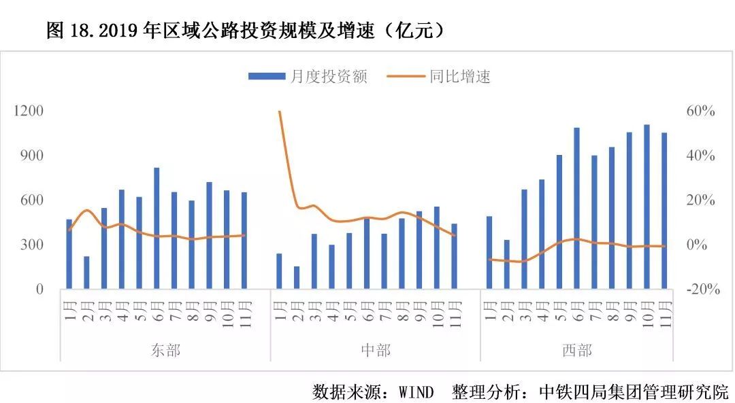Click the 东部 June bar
click(x=157, y=228)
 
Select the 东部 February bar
click(x=86, y=272)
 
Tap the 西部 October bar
click(x=647, y=207)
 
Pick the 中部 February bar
click(x=297, y=277)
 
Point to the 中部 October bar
click(x=437, y=247)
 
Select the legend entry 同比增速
click(x=439, y=77)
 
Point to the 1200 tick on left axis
click(x=29, y=111)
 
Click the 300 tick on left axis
click(x=33, y=245)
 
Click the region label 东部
click(x=165, y=351)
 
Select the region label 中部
click(x=375, y=351)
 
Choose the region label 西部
click(x=576, y=351)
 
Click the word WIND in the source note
click(x=416, y=391)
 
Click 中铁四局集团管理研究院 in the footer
click(x=633, y=391)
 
